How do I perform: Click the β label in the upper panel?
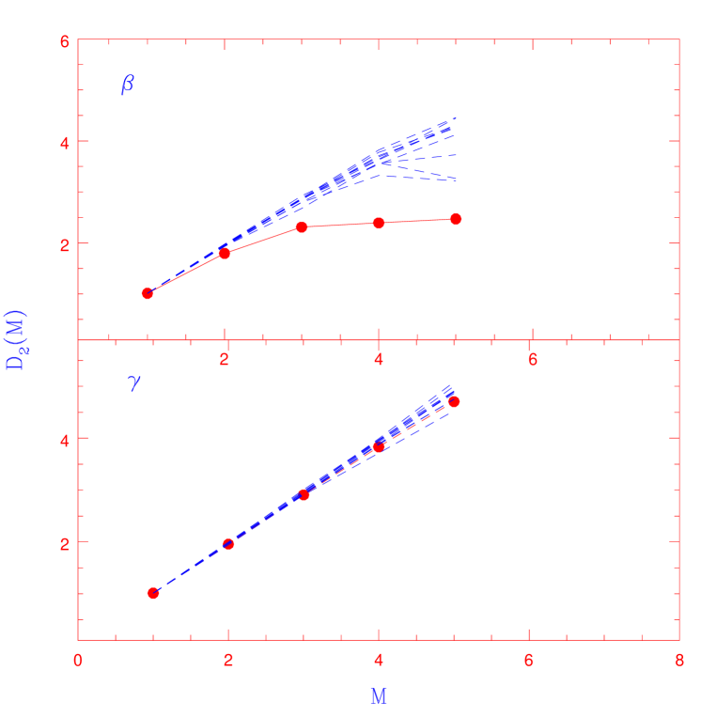[128, 85]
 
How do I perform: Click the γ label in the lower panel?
[133, 382]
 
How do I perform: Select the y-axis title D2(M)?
[17, 339]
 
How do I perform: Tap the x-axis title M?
[378, 696]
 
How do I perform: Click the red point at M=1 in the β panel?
[148, 293]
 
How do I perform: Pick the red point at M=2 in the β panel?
[225, 254]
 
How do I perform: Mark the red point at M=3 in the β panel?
[302, 226]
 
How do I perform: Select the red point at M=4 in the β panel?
[379, 223]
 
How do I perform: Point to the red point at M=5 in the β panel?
[456, 219]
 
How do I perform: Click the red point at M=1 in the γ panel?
[153, 593]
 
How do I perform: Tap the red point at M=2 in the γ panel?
[228, 544]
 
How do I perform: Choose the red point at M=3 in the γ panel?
[304, 494]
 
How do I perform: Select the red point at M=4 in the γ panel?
[379, 446]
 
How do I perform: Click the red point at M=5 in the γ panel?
[454, 401]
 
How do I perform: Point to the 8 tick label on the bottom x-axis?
[678, 661]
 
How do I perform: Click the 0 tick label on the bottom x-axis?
[78, 661]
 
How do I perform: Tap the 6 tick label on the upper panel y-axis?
[64, 41]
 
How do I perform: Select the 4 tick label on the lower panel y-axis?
[64, 439]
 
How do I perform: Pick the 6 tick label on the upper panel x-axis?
[532, 358]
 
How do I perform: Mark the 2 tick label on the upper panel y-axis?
[64, 243]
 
